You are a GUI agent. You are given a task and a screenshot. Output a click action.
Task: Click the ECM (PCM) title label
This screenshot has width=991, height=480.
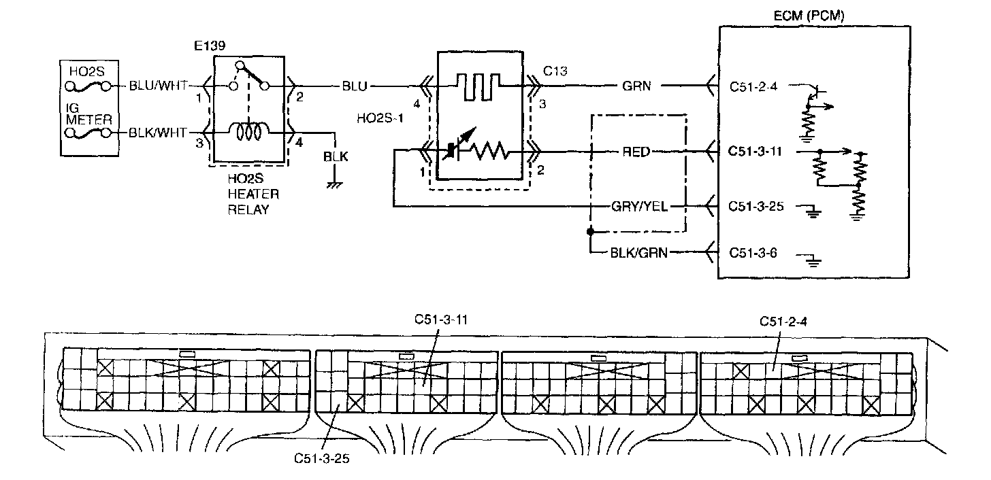(809, 16)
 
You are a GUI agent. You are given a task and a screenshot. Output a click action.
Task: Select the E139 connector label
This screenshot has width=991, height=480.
(210, 46)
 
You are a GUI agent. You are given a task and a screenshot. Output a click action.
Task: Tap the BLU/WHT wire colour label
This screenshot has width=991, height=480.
(158, 86)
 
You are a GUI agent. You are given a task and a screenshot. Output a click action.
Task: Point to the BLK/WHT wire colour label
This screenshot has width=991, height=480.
(157, 133)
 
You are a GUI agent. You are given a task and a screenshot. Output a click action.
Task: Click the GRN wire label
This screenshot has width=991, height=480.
(636, 86)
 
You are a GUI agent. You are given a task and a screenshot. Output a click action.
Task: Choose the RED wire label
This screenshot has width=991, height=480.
(636, 152)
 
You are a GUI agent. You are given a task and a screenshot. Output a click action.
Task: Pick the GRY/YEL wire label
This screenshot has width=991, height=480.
(639, 207)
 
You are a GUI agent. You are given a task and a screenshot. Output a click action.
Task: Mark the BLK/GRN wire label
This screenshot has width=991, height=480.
(639, 253)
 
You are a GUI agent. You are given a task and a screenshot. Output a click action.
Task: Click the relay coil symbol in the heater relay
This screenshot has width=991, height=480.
(249, 131)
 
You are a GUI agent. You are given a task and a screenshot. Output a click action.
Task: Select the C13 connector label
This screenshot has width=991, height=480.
(555, 71)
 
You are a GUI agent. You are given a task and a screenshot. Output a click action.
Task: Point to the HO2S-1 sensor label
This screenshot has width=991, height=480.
(380, 118)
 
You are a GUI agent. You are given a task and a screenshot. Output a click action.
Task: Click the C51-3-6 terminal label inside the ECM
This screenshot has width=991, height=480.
(753, 253)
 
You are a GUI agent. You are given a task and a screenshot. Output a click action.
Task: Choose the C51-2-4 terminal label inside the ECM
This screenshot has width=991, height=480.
(753, 86)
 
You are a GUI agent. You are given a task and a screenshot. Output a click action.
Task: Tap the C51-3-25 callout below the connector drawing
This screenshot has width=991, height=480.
(322, 459)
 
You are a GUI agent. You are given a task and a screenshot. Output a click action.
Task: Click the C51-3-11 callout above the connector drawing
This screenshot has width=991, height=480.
(441, 320)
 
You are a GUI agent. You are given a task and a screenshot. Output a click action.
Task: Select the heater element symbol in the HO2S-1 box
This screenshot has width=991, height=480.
(478, 86)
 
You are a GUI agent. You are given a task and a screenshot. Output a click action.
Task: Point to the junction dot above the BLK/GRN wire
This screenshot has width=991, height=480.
(590, 231)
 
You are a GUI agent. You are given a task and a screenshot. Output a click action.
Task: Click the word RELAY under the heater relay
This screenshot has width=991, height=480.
(248, 210)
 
